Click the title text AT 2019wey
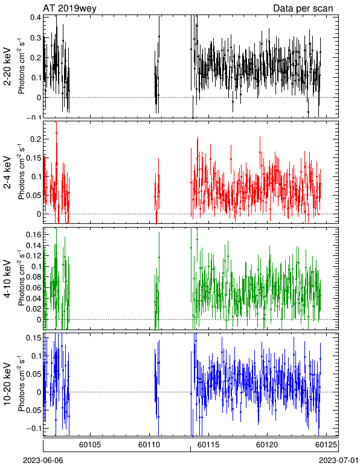click(70, 8)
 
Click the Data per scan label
click(303, 8)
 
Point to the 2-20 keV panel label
click(7, 66)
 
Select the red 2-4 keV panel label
click(7, 173)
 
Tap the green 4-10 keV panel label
click(7, 278)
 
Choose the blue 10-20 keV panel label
click(7, 384)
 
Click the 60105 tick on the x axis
click(91, 445)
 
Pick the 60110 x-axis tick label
click(149, 445)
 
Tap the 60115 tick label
click(208, 445)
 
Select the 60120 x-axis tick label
click(267, 445)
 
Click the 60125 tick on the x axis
click(326, 445)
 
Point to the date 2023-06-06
click(43, 461)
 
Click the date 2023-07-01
click(339, 461)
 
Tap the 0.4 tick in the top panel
click(36, 18)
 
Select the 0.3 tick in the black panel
click(36, 38)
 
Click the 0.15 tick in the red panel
click(34, 158)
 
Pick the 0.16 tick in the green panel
click(34, 234)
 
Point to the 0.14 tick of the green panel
click(34, 245)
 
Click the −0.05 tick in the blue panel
click(31, 410)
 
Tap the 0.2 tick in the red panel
click(36, 139)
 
